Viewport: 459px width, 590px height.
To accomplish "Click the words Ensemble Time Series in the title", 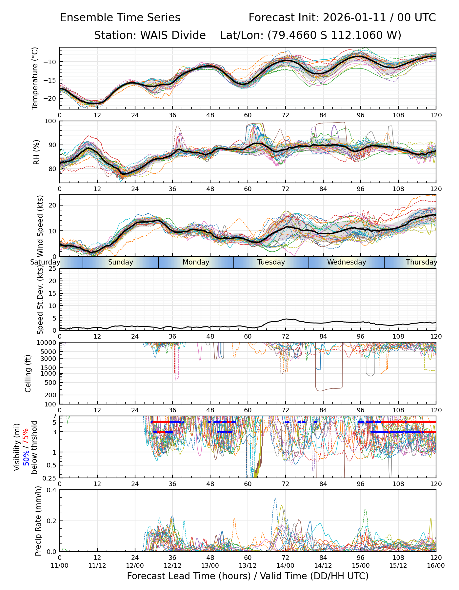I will [x=120, y=18].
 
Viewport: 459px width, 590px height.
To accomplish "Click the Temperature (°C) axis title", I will [x=35, y=78].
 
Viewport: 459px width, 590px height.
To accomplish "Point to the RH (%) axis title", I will [x=36, y=152].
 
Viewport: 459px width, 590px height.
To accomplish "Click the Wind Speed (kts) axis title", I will [x=40, y=226].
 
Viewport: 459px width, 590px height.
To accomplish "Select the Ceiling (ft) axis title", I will [x=28, y=373].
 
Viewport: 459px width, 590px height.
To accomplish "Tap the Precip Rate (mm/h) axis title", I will [x=38, y=521].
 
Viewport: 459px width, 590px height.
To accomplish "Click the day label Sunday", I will [x=121, y=262].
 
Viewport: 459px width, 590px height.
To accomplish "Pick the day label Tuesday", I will [x=271, y=262].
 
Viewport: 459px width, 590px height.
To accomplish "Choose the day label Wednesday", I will [x=347, y=262].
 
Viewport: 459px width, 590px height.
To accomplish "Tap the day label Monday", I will [x=196, y=262].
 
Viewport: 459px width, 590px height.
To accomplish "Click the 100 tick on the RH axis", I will [x=51, y=121].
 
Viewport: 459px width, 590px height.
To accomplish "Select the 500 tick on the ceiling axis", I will [x=52, y=383].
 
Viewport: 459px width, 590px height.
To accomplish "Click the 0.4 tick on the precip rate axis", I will [x=52, y=490].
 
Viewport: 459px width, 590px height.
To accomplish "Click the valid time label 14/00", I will [x=286, y=565].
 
